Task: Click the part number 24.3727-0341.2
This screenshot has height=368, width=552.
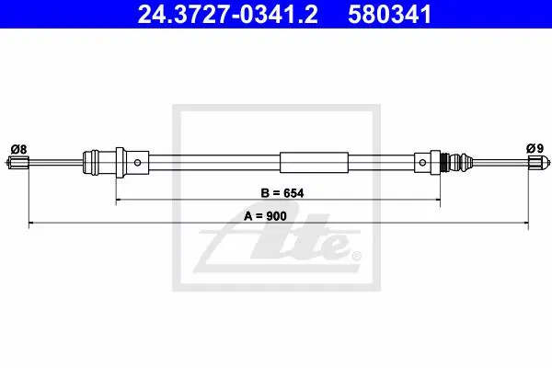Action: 228,15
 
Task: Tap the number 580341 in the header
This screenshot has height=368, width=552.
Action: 389,15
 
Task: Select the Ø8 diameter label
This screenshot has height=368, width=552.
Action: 18,149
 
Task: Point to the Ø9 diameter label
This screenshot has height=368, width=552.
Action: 535,148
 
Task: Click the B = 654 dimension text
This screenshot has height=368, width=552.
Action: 282,193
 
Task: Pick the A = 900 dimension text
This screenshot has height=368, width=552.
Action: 265,216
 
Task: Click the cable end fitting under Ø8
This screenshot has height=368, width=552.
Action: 17,163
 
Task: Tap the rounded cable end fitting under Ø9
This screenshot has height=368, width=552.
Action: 539,162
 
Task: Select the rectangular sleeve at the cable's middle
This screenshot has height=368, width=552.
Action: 314,162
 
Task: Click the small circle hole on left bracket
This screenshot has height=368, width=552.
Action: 137,162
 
